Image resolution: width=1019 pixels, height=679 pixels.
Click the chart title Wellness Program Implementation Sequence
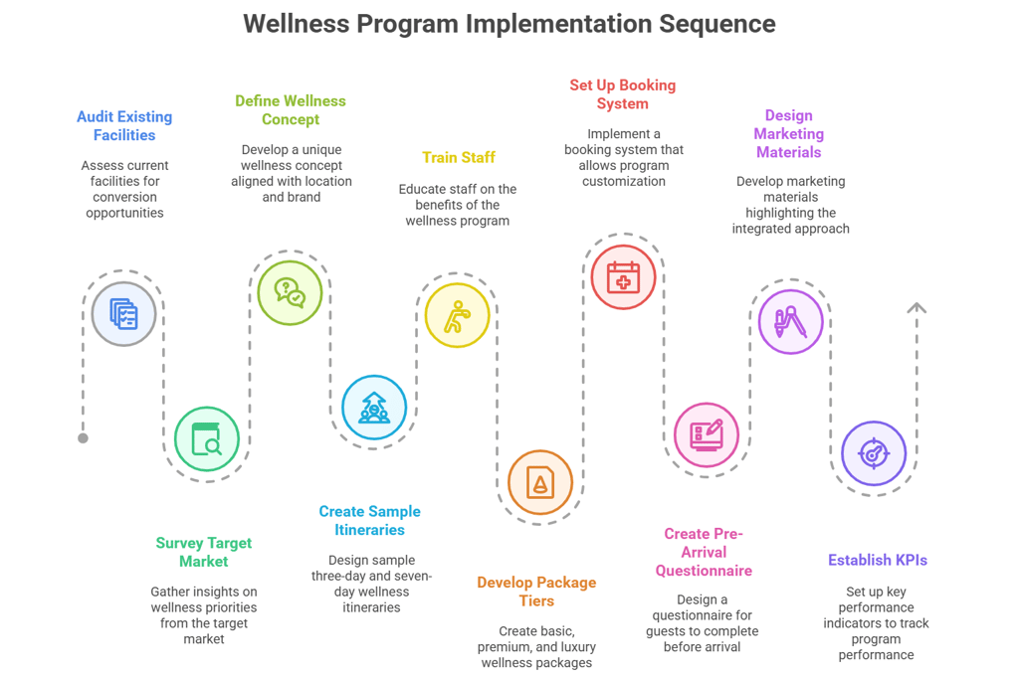coord(509,23)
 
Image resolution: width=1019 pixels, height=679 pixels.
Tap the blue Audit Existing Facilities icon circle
coord(124,314)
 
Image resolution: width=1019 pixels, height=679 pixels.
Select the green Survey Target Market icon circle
coord(207,438)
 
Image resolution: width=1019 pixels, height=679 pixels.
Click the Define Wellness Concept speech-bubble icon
coord(290,292)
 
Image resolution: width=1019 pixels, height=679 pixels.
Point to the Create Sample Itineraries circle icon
coord(374,407)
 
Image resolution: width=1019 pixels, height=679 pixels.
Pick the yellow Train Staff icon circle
coord(458,316)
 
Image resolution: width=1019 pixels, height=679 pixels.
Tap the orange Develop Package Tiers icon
coord(540,482)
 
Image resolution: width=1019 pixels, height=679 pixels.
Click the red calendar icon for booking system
coord(624,276)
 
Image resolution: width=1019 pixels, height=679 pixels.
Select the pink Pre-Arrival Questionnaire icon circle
coord(707,434)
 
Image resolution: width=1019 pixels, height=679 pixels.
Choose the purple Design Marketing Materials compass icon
coord(790,321)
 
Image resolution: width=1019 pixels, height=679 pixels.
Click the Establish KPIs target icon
coord(874,453)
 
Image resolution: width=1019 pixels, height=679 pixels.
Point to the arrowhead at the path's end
coord(917,308)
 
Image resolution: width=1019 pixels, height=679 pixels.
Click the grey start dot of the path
coord(84,437)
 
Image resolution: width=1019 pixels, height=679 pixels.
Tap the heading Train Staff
coord(458,157)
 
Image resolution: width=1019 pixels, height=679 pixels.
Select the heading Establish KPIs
coord(877,561)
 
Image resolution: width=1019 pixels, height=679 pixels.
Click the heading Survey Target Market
coord(204,552)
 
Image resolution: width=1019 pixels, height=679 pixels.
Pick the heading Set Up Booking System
coord(623,94)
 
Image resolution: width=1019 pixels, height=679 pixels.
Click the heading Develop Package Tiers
coord(536,592)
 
